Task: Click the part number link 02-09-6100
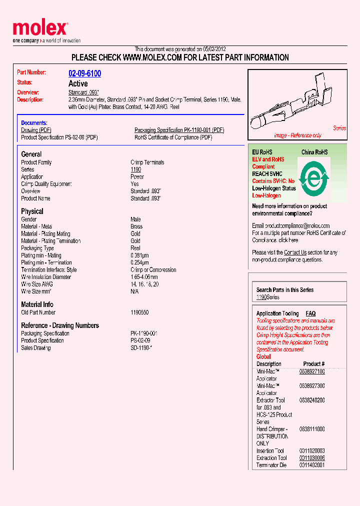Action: click(x=84, y=73)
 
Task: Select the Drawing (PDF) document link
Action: click(x=36, y=130)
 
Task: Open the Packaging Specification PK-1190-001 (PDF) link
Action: click(x=179, y=130)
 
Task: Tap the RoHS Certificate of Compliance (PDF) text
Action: click(x=173, y=137)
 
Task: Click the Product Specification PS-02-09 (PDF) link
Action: click(x=59, y=137)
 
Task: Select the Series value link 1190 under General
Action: click(x=135, y=169)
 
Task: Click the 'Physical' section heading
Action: click(x=32, y=211)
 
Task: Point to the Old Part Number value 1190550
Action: click(x=139, y=312)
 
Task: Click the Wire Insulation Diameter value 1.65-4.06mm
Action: click(x=144, y=277)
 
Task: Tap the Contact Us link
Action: click(x=295, y=252)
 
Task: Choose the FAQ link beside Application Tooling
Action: click(x=310, y=313)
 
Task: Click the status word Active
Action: click(x=78, y=83)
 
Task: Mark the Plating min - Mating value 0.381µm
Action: click(x=139, y=255)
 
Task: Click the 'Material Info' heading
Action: click(x=37, y=304)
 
